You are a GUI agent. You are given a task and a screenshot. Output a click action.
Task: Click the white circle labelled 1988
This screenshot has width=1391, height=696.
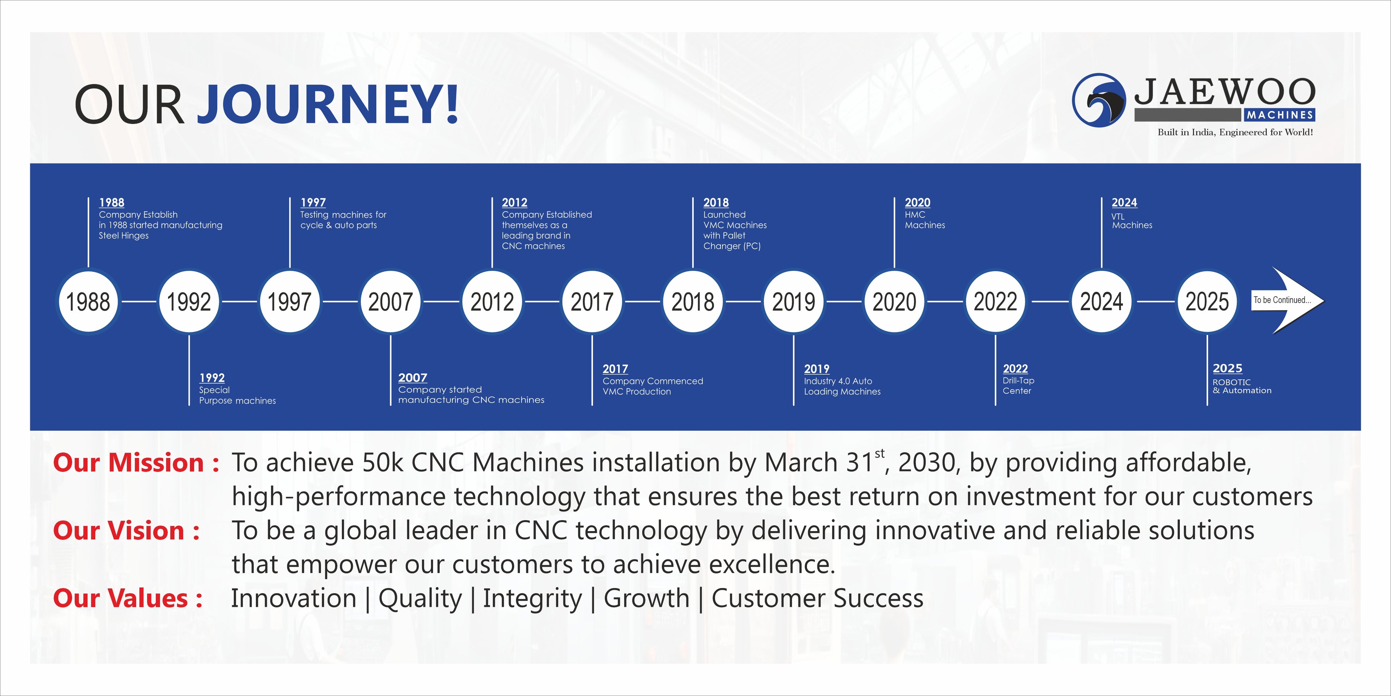(x=88, y=302)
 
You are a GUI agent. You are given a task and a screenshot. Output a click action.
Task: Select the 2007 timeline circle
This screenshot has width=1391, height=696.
(x=390, y=302)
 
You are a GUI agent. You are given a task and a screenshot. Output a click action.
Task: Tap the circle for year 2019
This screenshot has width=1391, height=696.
(x=794, y=302)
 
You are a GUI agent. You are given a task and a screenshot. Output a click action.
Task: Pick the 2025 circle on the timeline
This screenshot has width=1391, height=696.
(x=1207, y=302)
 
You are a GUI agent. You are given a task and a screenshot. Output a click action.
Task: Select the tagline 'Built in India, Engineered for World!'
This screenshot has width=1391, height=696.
(x=1235, y=132)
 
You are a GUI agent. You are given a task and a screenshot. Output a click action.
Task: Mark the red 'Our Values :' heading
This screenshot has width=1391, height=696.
(x=128, y=598)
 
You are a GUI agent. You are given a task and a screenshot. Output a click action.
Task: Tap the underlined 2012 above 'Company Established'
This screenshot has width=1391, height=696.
(x=515, y=203)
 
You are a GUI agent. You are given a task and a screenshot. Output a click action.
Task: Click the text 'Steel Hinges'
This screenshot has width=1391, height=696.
(x=124, y=236)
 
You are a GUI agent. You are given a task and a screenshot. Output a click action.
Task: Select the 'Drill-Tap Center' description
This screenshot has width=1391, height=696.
(x=1018, y=385)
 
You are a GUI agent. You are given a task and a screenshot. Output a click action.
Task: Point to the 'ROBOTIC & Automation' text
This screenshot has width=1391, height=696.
(x=1242, y=386)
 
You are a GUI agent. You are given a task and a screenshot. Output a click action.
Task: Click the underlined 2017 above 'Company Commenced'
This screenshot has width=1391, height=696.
(x=615, y=369)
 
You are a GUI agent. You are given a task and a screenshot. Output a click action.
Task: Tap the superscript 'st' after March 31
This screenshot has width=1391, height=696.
(x=880, y=453)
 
